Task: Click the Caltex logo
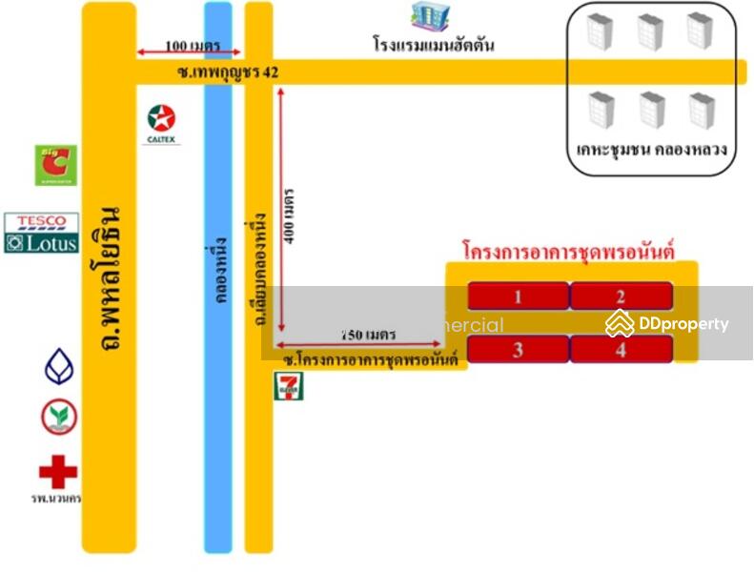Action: click(161, 123)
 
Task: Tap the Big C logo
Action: click(56, 165)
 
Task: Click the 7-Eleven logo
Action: click(285, 387)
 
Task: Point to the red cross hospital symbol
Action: click(58, 472)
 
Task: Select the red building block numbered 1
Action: click(518, 296)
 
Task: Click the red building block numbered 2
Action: click(621, 296)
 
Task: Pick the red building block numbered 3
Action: click(518, 350)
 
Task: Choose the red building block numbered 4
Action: click(621, 350)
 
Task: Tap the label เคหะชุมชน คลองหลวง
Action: click(652, 150)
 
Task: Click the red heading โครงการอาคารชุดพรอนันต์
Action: click(568, 252)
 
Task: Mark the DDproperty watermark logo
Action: click(667, 324)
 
